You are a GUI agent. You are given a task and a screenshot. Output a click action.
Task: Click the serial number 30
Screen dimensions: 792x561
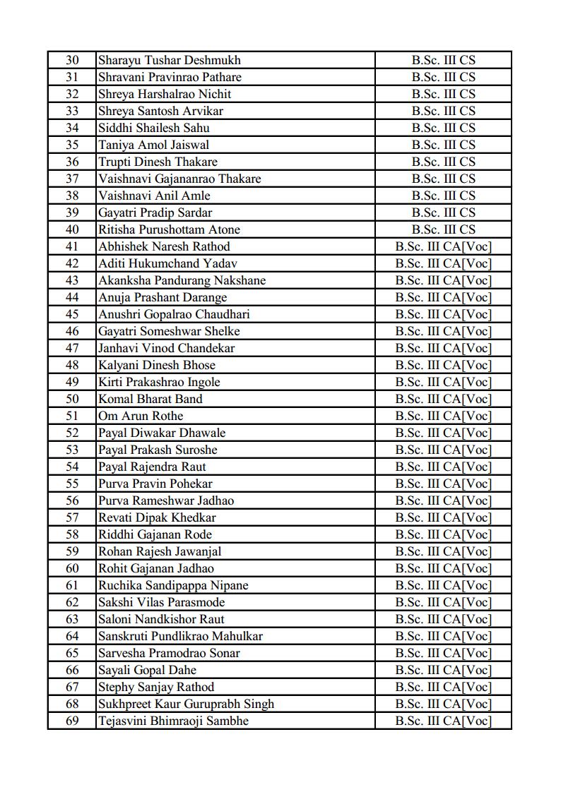tap(72, 60)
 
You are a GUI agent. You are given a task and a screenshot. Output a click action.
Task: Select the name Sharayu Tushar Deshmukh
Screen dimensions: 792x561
tap(170, 60)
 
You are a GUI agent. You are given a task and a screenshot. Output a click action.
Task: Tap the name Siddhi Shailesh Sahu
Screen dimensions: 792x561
tap(154, 128)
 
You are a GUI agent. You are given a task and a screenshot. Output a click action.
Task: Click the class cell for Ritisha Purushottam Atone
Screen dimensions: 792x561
tap(443, 229)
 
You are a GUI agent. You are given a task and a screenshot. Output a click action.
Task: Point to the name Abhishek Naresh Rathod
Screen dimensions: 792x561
tap(164, 246)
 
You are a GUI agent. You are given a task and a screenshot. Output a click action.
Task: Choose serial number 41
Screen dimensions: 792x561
tap(72, 246)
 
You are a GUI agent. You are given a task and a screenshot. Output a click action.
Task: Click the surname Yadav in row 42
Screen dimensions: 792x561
tap(219, 263)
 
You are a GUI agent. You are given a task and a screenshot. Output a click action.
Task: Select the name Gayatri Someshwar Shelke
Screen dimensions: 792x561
tap(169, 331)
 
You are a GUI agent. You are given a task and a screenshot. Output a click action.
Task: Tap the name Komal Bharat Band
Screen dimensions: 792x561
tap(150, 399)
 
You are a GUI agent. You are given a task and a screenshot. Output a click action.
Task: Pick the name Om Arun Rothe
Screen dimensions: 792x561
tap(141, 416)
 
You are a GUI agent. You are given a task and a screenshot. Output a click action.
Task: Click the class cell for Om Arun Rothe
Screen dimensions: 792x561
tap(443, 416)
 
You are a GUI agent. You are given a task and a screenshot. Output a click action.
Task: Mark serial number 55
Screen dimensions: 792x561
tap(72, 484)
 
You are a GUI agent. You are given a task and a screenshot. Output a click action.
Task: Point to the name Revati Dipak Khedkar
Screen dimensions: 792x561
tap(157, 517)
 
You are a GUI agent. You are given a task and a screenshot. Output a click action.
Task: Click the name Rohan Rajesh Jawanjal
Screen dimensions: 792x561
tap(160, 551)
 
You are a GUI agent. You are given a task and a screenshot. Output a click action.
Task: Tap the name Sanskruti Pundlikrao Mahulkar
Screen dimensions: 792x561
tap(180, 636)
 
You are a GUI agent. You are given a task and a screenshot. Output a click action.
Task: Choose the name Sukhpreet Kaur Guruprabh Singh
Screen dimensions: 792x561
tap(186, 704)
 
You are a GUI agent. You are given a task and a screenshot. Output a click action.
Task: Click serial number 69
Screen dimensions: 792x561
tap(72, 721)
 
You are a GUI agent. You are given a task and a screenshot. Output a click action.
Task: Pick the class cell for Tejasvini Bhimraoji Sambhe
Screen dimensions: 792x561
tap(443, 721)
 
